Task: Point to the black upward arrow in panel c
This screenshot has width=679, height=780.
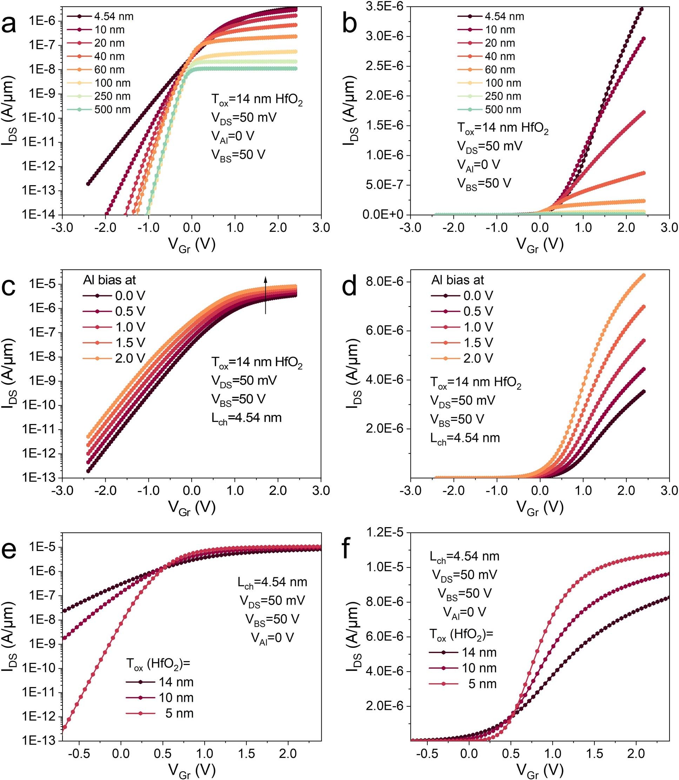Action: coord(265,295)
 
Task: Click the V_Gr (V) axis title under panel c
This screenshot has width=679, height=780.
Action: coord(192,507)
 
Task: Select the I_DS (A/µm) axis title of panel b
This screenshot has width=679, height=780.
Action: coord(350,110)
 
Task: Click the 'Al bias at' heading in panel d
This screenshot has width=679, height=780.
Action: coord(457,280)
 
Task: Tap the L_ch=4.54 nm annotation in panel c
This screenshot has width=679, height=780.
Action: coord(246,418)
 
